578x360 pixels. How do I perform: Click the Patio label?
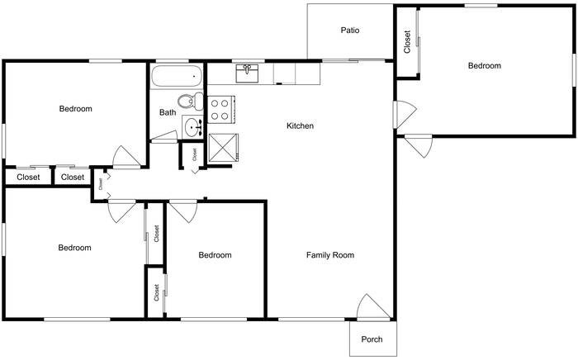click(350, 31)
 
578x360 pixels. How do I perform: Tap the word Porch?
click(372, 339)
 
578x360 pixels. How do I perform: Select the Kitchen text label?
click(300, 126)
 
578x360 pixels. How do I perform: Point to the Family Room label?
click(330, 255)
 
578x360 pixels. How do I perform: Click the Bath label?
click(168, 113)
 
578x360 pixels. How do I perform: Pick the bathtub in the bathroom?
click(176, 78)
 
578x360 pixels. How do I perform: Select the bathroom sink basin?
click(192, 128)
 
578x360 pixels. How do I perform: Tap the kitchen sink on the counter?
click(248, 74)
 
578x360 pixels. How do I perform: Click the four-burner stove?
click(221, 109)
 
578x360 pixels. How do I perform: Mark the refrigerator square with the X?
click(223, 147)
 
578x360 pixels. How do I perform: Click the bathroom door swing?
click(164, 138)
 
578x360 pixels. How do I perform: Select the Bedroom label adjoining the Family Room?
click(215, 255)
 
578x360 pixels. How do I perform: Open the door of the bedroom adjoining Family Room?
click(182, 211)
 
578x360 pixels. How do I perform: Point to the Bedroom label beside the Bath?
click(75, 109)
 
